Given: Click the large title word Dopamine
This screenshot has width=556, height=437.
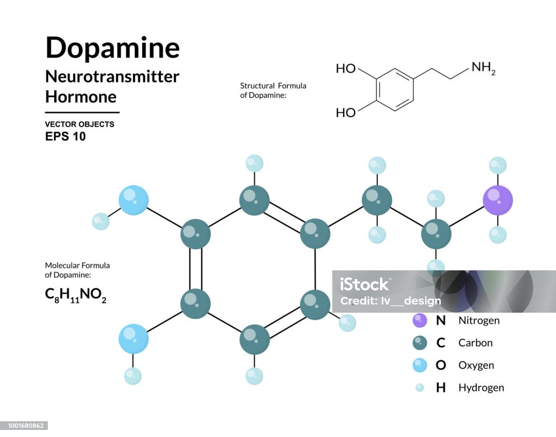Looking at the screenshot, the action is tap(113, 48).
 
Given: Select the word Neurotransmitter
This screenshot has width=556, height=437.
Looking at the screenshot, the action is tap(112, 77).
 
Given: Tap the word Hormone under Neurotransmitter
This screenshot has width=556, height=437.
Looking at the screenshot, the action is tap(81, 97).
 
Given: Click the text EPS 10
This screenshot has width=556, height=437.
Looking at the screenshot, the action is tap(65, 136).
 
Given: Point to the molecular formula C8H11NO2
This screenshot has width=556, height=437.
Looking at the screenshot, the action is tap(75, 295).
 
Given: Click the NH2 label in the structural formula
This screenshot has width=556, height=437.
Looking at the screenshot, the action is tap(483, 68).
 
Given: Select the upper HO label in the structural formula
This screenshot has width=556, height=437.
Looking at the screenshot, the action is tap(346, 68).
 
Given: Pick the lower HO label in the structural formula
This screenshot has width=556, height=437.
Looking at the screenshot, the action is tap(346, 113).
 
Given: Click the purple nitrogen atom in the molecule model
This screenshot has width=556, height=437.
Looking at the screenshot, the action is tap(498, 200).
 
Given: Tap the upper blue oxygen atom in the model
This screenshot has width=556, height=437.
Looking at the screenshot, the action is tap(134, 200).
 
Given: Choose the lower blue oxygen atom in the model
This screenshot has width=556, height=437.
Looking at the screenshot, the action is tap(134, 339).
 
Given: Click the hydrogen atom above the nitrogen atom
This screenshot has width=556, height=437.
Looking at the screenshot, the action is tap(498, 166).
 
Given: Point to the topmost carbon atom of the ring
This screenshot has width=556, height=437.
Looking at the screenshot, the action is tap(254, 200).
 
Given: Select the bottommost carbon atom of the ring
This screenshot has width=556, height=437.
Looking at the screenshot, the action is tap(254, 339).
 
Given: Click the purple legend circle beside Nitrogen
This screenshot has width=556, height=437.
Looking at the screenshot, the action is tap(420, 320).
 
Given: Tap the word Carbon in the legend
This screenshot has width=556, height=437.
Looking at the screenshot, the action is tap(476, 343).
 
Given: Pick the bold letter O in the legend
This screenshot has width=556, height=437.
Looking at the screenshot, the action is tap(441, 365).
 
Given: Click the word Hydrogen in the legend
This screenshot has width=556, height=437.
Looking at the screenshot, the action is tap(481, 388).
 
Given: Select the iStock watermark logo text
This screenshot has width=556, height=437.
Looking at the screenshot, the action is tap(364, 284).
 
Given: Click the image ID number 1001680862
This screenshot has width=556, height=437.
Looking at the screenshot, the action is tap(24, 426).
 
